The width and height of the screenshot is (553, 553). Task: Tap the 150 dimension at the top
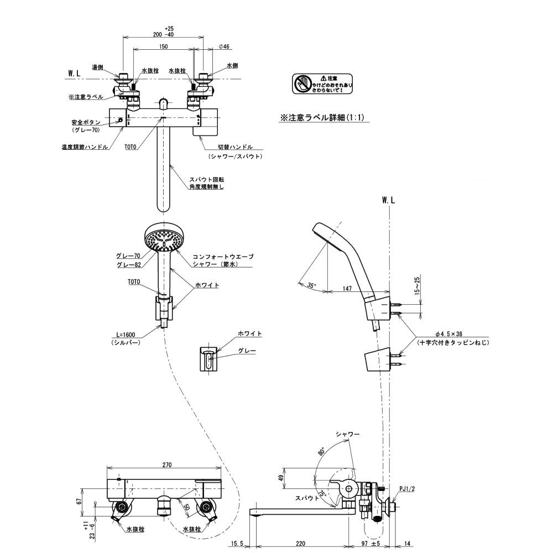(163, 47)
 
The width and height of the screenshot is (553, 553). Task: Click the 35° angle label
(312, 285)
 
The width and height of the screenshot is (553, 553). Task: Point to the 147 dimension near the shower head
(347, 289)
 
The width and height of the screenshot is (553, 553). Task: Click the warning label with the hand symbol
(322, 84)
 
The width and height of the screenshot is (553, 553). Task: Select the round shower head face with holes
(162, 239)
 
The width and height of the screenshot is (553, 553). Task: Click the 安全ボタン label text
(85, 122)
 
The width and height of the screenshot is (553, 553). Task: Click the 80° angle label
(321, 452)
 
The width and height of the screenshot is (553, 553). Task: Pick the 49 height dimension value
(280, 478)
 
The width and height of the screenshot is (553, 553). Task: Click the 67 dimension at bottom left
(80, 502)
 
